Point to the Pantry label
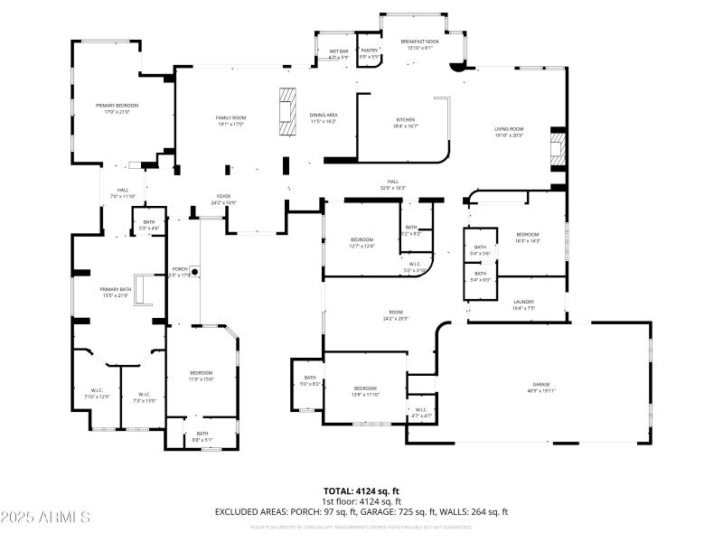tap(369, 53)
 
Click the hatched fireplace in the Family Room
tap(286, 112)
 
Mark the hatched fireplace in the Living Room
tap(558, 151)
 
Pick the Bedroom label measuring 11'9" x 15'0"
tap(201, 376)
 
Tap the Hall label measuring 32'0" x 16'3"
tap(393, 184)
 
